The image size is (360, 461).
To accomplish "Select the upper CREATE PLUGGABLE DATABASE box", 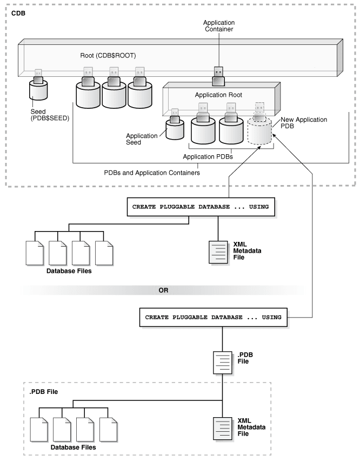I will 201,207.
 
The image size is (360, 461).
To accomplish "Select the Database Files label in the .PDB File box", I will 74,447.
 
